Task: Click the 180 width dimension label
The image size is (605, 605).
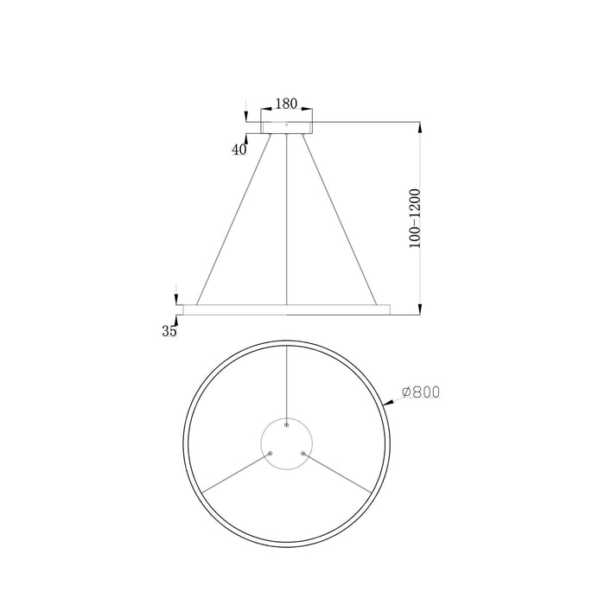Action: (285, 104)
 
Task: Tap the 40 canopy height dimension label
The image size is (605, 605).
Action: (239, 150)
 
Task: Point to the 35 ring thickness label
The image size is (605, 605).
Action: (169, 330)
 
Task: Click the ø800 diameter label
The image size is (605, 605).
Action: (421, 392)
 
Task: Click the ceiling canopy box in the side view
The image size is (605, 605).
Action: (286, 128)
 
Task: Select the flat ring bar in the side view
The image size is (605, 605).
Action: (286, 309)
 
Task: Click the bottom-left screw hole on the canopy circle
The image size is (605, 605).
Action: (271, 452)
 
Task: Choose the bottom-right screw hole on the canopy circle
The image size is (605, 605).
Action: (302, 452)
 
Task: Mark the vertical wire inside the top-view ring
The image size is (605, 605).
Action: (286, 385)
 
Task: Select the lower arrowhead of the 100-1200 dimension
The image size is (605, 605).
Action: (419, 308)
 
